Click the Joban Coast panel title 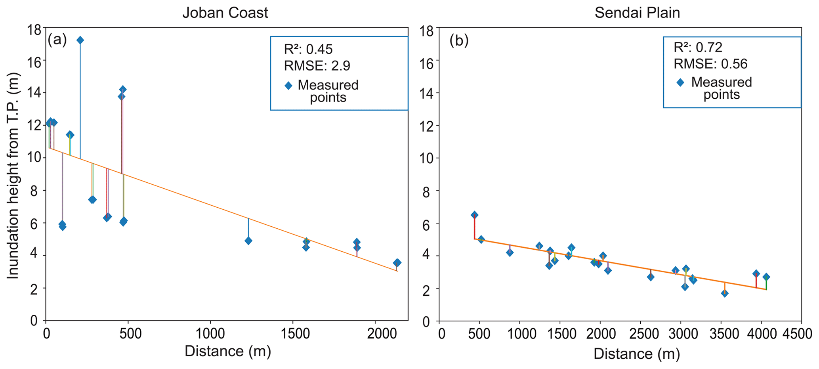point(225,13)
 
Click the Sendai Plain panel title point(637,13)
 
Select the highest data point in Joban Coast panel point(80,40)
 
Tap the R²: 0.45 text point(308,49)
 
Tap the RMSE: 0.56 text point(710,64)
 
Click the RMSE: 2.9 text point(317,66)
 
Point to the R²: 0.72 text point(698,48)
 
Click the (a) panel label point(57,40)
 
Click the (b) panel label point(459,40)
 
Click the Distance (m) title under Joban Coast point(228,352)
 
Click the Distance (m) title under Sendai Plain point(637,354)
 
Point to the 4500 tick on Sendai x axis point(801,335)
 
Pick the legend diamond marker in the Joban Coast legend point(288,86)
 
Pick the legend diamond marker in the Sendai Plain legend point(680,83)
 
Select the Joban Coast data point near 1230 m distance point(248,241)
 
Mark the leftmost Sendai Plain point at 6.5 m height point(474,215)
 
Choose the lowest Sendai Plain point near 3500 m point(725,293)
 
